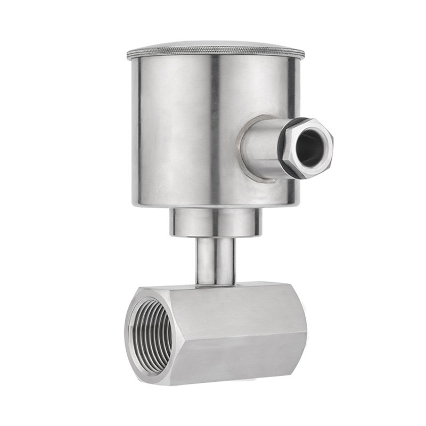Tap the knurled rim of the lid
tap(216, 55)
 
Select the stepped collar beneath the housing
tap(216, 223)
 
